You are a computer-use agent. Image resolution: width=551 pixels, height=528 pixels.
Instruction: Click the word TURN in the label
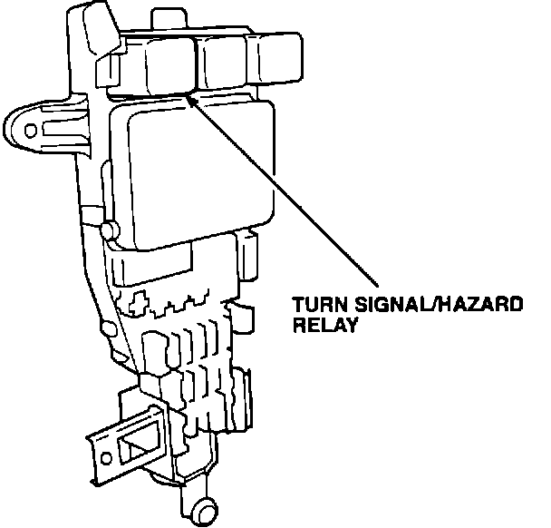(314, 307)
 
